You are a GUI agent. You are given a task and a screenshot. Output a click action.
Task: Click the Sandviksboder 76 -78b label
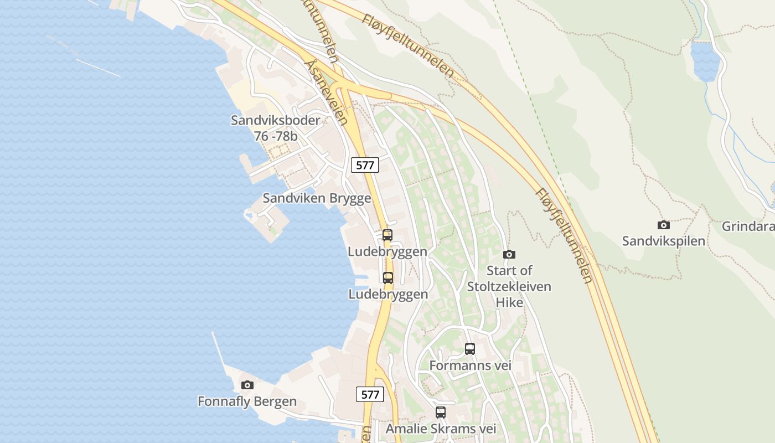pos(275,128)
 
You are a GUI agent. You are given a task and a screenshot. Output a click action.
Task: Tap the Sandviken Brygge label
pos(317,198)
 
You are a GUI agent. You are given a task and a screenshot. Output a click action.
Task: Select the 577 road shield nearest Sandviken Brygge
pos(365,164)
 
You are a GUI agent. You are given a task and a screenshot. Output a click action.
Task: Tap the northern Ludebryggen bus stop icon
pos(387,235)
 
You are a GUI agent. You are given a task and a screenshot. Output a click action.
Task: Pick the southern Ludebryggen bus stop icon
pos(388,278)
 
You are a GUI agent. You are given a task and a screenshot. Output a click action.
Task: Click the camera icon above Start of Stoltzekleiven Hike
pos(509,254)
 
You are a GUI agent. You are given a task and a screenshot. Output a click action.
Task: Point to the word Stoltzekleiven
pos(509,286)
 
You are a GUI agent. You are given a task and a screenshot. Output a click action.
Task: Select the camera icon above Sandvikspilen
pos(663,225)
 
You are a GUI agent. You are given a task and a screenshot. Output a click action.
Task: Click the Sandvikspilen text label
pos(663,241)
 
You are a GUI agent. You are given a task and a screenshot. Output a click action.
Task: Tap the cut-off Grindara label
pos(748,226)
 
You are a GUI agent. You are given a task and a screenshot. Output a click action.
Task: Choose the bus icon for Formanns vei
pos(469,349)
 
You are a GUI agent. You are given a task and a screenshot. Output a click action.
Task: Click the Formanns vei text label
pos(470,365)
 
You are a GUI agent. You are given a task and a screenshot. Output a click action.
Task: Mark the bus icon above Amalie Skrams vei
pos(441,413)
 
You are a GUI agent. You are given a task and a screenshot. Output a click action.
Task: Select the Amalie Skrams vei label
pos(441,429)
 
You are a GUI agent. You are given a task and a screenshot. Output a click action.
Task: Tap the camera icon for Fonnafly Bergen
pos(247,385)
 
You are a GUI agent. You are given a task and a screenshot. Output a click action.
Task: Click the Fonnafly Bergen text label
pos(247,401)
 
